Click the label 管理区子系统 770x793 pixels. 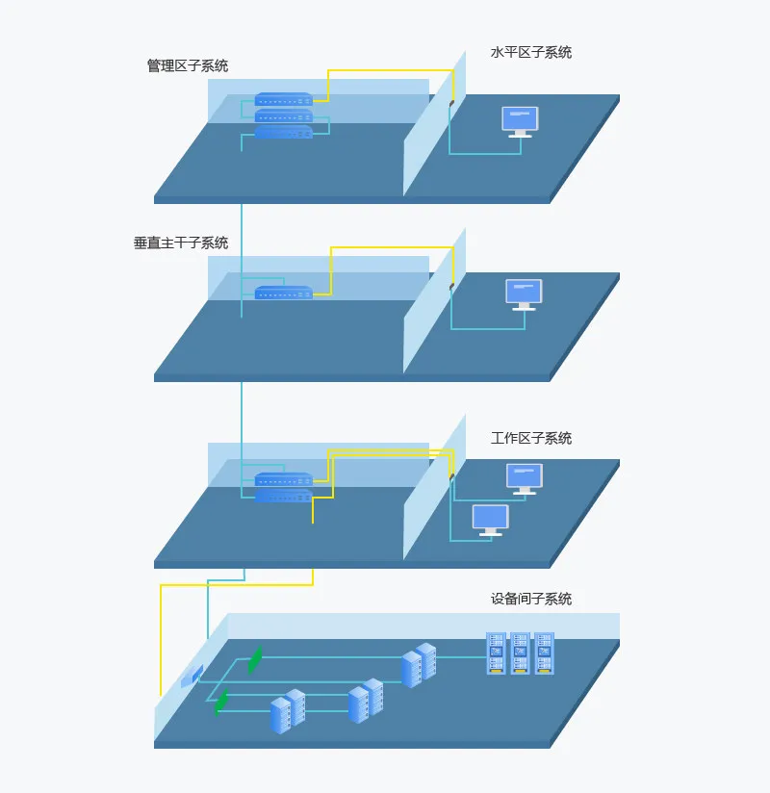188,65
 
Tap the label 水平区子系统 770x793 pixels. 531,53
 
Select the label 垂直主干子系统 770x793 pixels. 181,243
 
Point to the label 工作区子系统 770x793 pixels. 531,438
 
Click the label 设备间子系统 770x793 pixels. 531,599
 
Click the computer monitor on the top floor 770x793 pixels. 520,122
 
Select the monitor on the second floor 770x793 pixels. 525,294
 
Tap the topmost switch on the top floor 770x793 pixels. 283,98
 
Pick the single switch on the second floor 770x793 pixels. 283,293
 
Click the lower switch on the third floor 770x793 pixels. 283,496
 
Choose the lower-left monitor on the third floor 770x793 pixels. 491,520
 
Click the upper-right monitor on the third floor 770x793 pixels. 525,479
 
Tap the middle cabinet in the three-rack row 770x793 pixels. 520,652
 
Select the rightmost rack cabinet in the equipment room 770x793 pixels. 545,652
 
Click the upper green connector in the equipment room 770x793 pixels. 255,659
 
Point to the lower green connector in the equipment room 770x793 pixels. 221,702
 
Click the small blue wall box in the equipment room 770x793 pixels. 192,677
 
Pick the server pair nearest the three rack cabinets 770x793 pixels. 419,665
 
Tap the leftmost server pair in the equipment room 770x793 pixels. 288,711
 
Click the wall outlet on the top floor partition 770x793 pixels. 451,103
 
